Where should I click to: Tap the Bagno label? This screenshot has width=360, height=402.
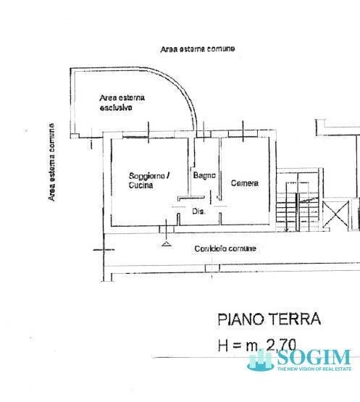pyautogui.click(x=204, y=175)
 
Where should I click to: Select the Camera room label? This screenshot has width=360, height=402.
pyautogui.click(x=244, y=183)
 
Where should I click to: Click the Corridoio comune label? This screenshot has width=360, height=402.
pyautogui.click(x=225, y=248)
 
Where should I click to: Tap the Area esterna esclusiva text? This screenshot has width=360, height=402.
pyautogui.click(x=122, y=102)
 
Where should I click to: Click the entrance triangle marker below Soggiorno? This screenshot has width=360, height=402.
pyautogui.click(x=167, y=245)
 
